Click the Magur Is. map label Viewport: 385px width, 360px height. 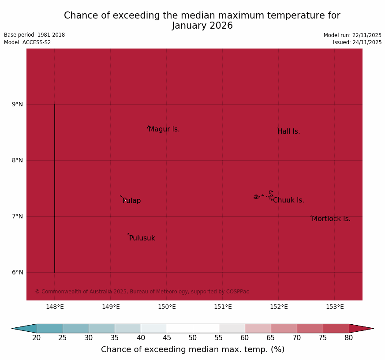[x=164, y=129]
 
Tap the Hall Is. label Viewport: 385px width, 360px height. [x=288, y=131]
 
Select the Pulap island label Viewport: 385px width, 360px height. [x=132, y=201]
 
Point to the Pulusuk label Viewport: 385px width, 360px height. [x=142, y=238]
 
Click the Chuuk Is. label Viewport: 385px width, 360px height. [x=288, y=200]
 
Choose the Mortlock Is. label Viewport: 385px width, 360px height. [x=331, y=219]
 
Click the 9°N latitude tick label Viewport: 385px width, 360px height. [x=18, y=104]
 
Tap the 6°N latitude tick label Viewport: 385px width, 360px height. [x=18, y=272]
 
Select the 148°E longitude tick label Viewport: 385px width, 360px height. [x=55, y=307]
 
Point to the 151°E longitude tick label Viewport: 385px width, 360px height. [x=223, y=307]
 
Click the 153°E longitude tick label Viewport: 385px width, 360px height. [x=335, y=307]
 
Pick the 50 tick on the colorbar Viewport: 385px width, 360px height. [x=193, y=338]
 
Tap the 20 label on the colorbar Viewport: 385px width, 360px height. [x=37, y=338]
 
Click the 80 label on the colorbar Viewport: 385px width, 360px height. [x=349, y=338]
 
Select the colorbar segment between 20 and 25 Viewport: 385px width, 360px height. [x=50, y=328]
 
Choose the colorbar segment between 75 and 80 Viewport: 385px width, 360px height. [x=336, y=328]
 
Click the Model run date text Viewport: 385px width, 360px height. [x=352, y=35]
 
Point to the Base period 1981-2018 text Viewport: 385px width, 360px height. [x=34, y=35]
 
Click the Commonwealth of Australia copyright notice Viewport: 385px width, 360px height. [x=142, y=292]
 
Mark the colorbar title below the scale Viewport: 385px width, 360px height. [x=193, y=349]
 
